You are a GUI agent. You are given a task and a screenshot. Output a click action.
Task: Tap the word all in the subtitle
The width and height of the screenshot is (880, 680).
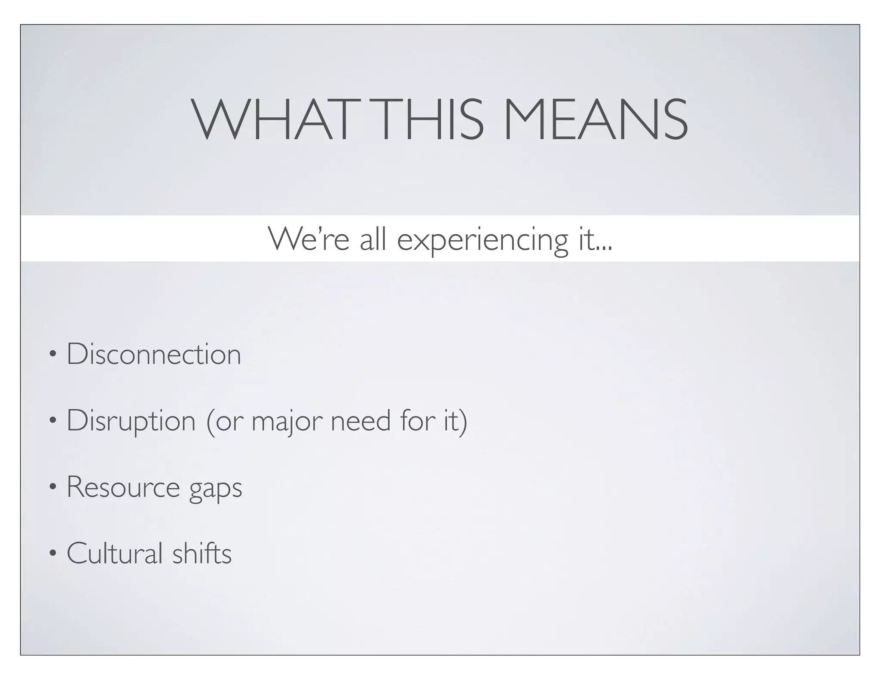[373, 239]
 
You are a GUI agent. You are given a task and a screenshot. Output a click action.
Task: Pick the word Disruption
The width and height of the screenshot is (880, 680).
[131, 421]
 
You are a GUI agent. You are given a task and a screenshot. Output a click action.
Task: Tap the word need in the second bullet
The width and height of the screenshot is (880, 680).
[361, 420]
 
